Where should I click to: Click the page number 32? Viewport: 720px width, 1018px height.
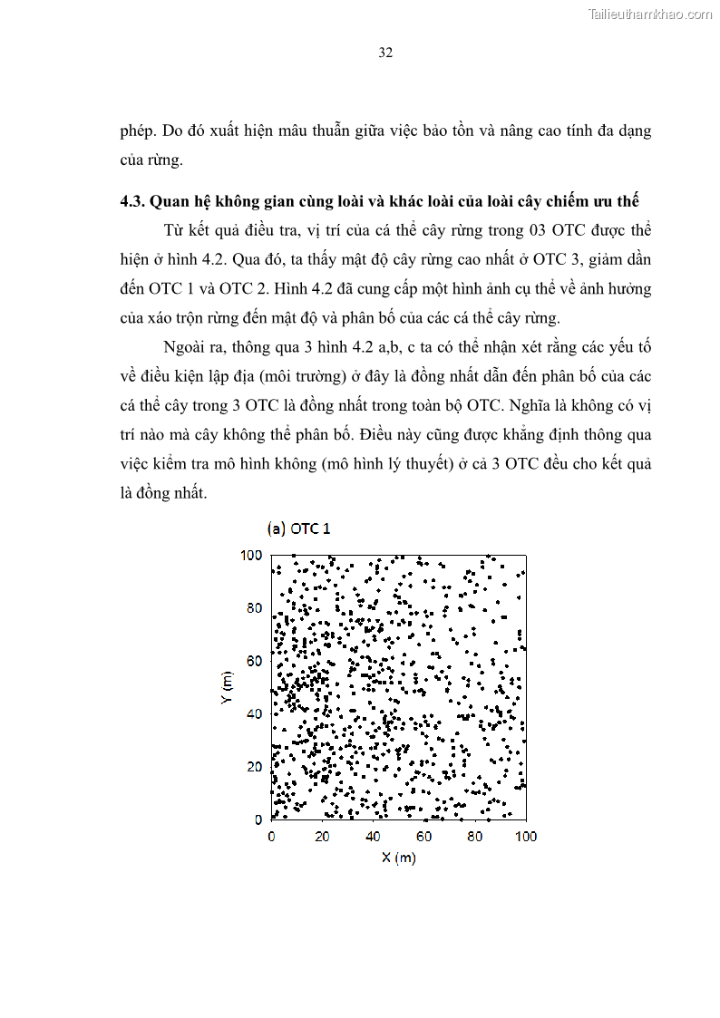pyautogui.click(x=384, y=53)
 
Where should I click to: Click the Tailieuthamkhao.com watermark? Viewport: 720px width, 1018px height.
pyautogui.click(x=650, y=14)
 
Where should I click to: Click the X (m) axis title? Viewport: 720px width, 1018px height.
pyautogui.click(x=398, y=858)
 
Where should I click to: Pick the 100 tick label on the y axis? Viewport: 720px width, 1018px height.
pyautogui.click(x=251, y=555)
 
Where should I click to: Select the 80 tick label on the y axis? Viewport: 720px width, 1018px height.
pyautogui.click(x=254, y=607)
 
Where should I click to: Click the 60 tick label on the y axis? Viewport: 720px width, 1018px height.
pyautogui.click(x=254, y=661)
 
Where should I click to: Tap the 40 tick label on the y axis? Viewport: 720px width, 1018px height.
pyautogui.click(x=254, y=713)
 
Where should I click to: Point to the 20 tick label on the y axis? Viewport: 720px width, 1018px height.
pyautogui.click(x=254, y=767)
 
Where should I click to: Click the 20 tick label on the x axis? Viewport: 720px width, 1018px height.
pyautogui.click(x=323, y=836)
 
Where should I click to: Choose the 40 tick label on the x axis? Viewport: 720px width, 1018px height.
pyautogui.click(x=374, y=836)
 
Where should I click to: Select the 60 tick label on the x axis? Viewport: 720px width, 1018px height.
pyautogui.click(x=424, y=836)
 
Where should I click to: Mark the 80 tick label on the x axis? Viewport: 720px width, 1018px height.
pyautogui.click(x=475, y=836)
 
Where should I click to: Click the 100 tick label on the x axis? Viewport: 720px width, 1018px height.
pyautogui.click(x=526, y=836)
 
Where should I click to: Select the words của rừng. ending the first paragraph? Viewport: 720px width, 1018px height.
pyautogui.click(x=151, y=160)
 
